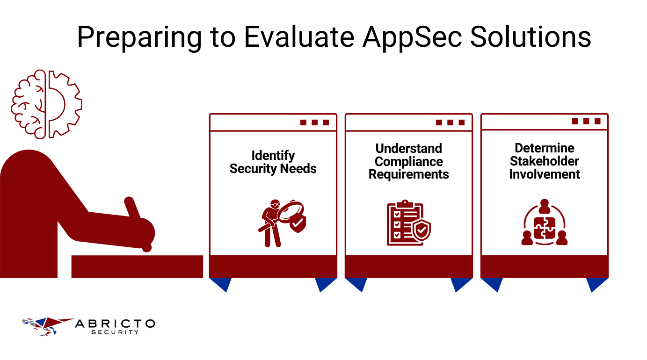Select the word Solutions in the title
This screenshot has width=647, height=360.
point(531,37)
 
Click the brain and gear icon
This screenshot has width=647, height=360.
point(46,104)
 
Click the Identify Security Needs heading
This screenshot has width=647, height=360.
point(273,162)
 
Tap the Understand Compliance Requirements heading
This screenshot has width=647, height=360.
point(408,161)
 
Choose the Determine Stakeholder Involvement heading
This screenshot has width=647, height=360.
point(544,161)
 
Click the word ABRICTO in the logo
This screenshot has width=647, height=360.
point(115,324)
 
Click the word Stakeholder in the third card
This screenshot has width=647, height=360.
point(544,161)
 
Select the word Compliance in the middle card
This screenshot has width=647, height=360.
point(408,161)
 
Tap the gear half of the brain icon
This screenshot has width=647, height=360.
point(64,104)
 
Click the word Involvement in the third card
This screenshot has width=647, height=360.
point(544,174)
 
